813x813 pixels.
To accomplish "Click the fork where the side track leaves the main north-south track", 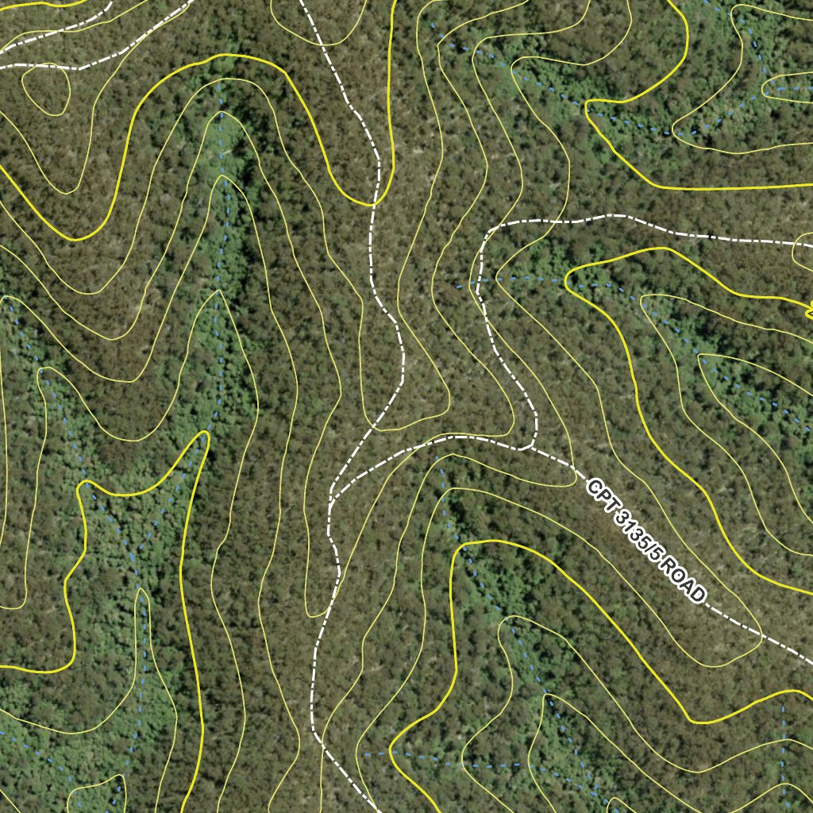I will (332, 499).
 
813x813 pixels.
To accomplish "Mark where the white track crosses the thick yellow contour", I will (373, 204).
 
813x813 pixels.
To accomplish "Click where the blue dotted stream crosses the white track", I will (479, 280).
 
